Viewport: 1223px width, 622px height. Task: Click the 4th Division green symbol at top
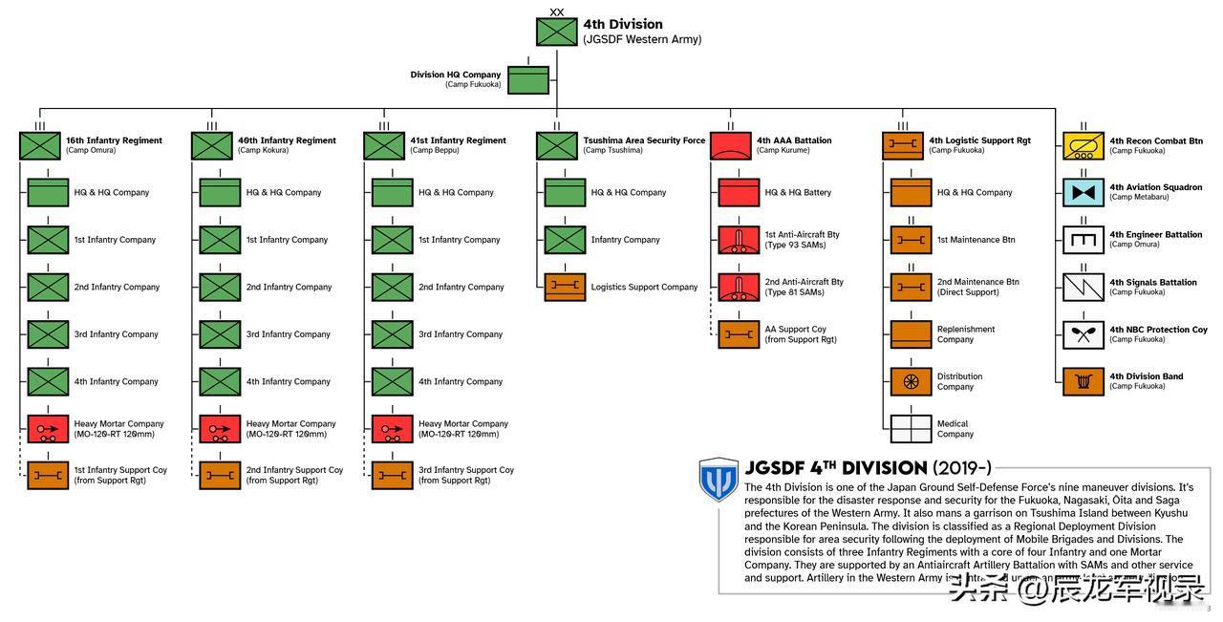coord(556,32)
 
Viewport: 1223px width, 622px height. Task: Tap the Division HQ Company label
coord(456,75)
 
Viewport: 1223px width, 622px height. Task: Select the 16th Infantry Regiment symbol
coord(39,146)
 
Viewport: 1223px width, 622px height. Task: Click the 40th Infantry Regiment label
coord(287,140)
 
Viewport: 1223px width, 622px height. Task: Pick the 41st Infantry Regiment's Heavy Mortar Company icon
coord(392,429)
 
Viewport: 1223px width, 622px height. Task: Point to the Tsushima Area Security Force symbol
coord(556,146)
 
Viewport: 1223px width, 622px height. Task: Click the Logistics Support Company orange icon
coord(565,287)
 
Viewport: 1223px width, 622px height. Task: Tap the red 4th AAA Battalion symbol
coord(731,146)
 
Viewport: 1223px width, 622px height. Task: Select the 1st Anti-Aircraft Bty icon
coord(739,240)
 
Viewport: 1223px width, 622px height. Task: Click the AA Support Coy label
coord(796,330)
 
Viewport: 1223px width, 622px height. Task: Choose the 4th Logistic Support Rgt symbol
coord(902,146)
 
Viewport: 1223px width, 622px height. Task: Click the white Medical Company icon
coord(911,429)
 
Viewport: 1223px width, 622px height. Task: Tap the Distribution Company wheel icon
coord(911,381)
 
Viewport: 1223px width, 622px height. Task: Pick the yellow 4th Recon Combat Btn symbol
coord(1084,146)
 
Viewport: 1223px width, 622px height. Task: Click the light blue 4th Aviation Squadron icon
coord(1084,192)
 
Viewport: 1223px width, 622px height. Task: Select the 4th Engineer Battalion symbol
coord(1084,240)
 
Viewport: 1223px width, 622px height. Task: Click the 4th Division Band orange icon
coord(1084,381)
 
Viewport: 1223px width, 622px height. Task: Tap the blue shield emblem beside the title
coord(719,479)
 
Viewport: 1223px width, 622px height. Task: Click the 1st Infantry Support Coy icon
coord(48,475)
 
